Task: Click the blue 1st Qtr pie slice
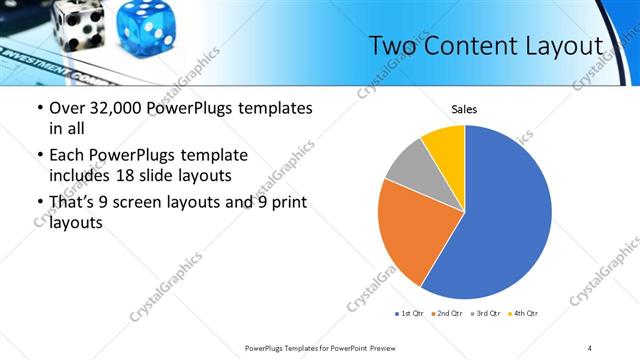point(505,220)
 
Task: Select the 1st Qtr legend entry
point(411,314)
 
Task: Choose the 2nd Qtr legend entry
point(448,314)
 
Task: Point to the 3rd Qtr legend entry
point(486,314)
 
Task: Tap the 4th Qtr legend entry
point(523,314)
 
